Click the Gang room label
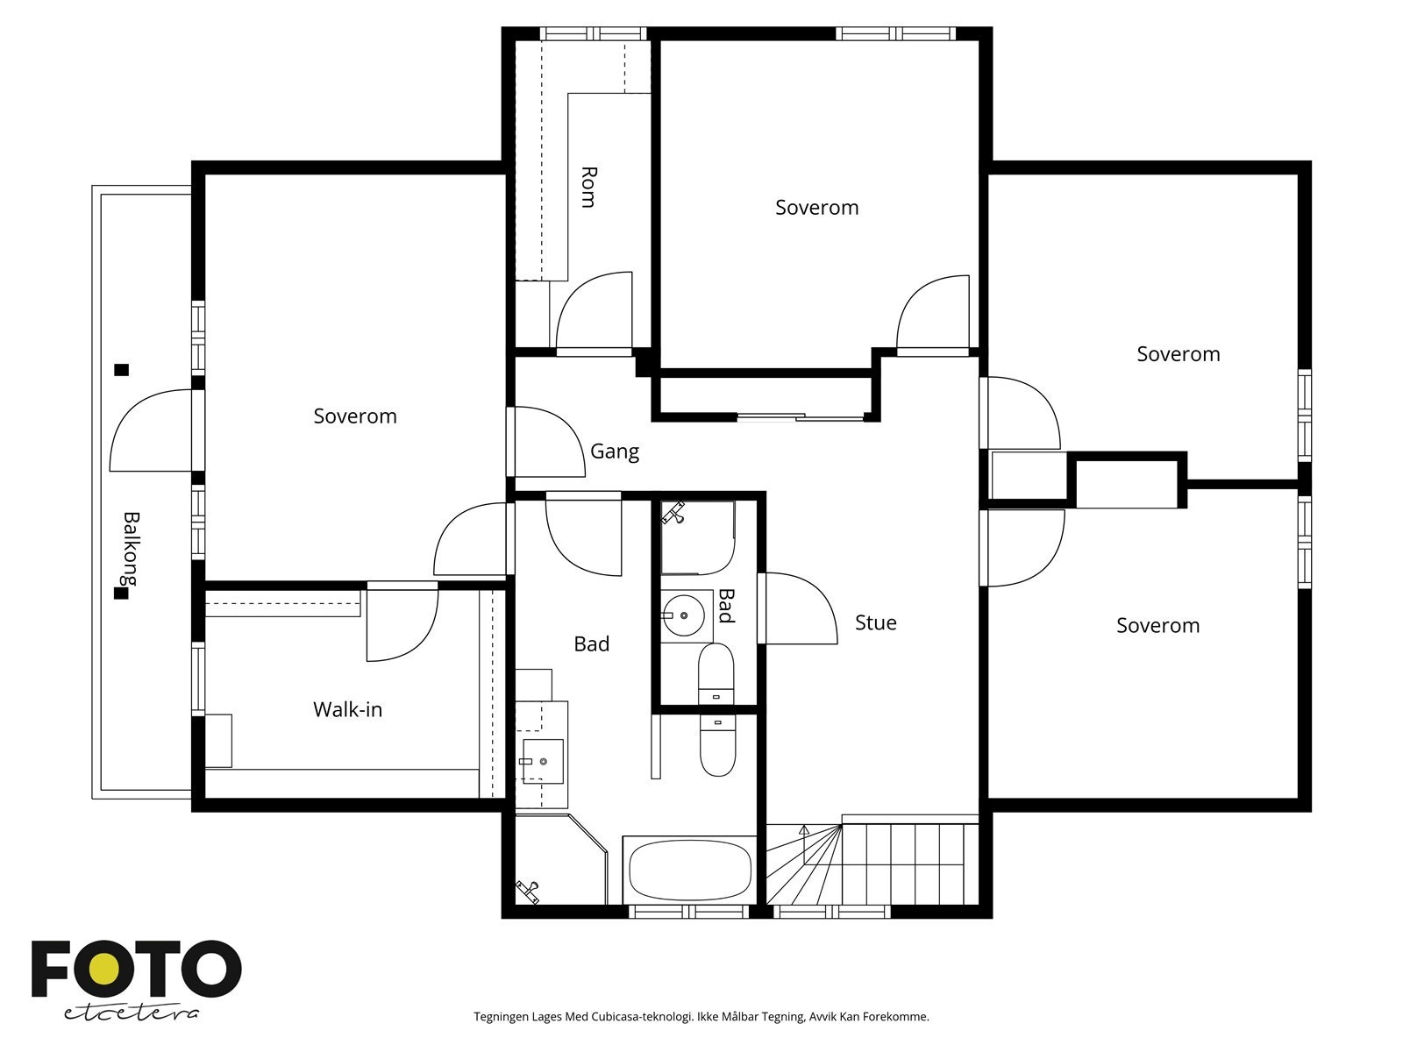pos(615,452)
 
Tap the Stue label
pos(876,622)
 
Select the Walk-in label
pos(348,709)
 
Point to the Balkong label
pos(131,549)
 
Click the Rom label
pos(588,187)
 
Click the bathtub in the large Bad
pos(690,870)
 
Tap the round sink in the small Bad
pos(683,615)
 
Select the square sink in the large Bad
pos(543,761)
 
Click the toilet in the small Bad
pos(716,674)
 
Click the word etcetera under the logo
pos(131,1013)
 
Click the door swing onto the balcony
pos(151,430)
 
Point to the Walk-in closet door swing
pos(402,621)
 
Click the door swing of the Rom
pos(595,314)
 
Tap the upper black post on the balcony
pos(121,370)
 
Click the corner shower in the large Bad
pos(560,859)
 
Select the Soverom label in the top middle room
pos(817,208)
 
